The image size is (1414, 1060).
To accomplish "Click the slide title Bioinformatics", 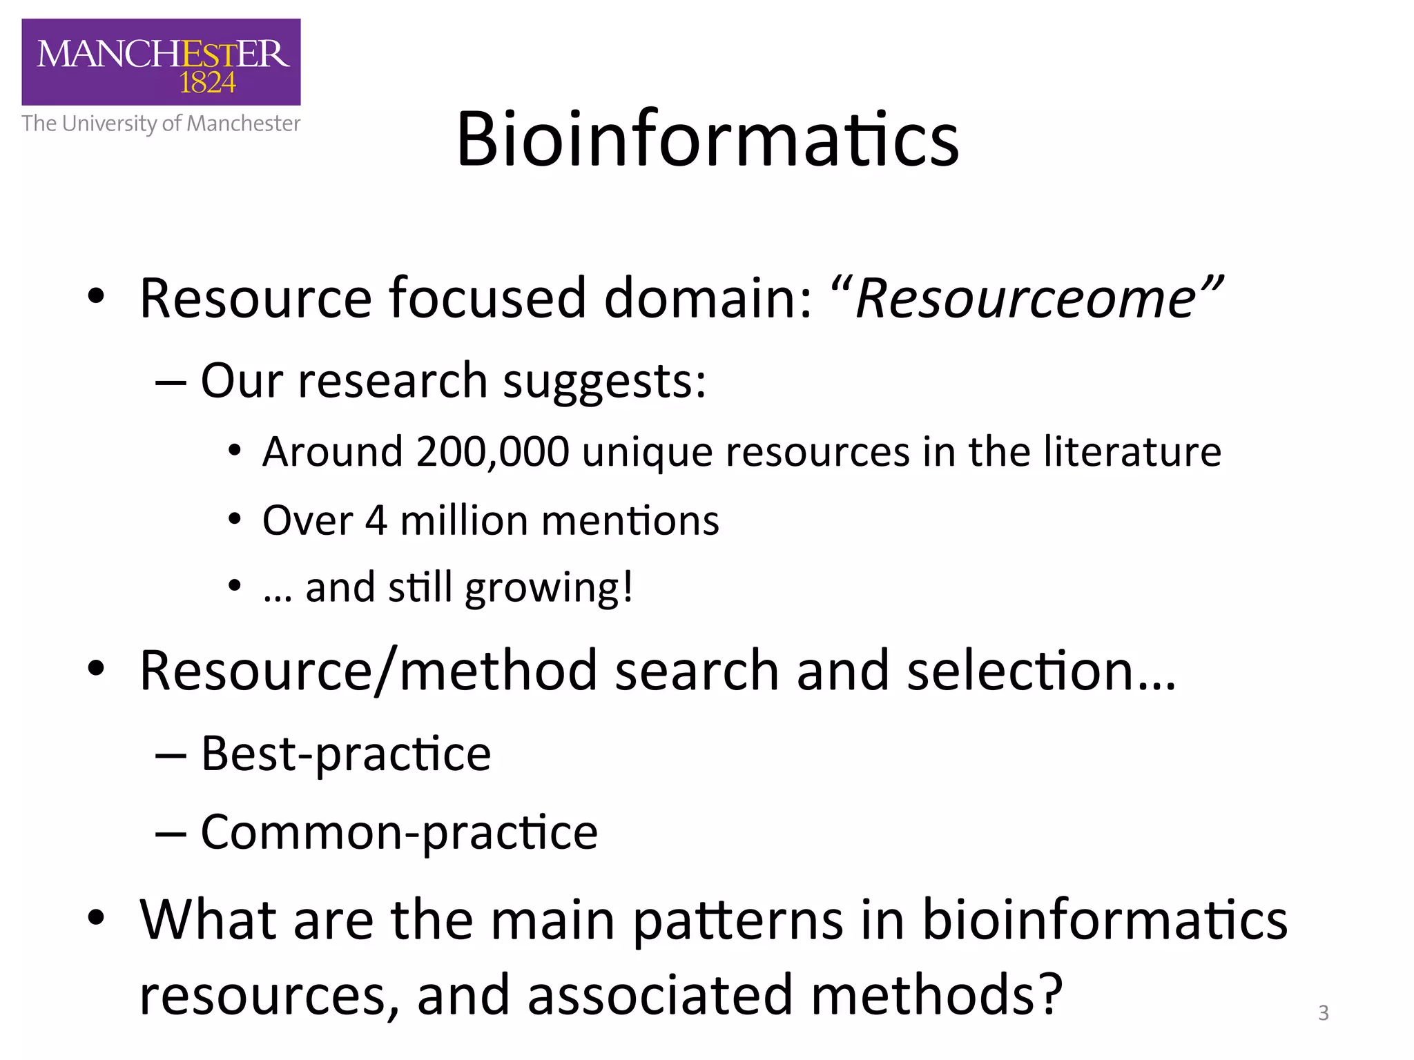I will point(707,140).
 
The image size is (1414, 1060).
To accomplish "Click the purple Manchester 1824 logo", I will point(161,62).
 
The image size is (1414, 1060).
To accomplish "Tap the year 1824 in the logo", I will point(207,84).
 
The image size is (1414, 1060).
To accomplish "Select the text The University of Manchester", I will point(161,124).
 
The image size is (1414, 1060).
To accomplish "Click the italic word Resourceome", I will point(1026,298).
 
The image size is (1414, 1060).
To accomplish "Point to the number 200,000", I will point(492,452).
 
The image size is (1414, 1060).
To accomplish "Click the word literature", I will point(1132,452).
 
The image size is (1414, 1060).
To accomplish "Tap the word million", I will point(464,520).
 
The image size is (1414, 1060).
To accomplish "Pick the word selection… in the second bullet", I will point(1041,671).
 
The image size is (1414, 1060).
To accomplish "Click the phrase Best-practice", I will point(345,754).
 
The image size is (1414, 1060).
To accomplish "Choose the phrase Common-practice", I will point(399,832).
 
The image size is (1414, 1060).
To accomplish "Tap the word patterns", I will point(737,921).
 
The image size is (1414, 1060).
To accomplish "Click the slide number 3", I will point(1323,1013).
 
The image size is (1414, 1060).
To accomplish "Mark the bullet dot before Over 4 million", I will point(235,519).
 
